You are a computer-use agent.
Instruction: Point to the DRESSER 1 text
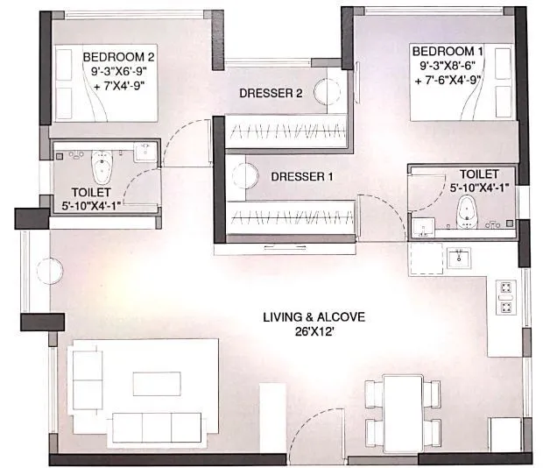[x=302, y=175]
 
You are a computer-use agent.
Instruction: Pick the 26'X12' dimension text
[x=314, y=331]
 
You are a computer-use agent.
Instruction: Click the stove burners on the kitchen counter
[x=505, y=295]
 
